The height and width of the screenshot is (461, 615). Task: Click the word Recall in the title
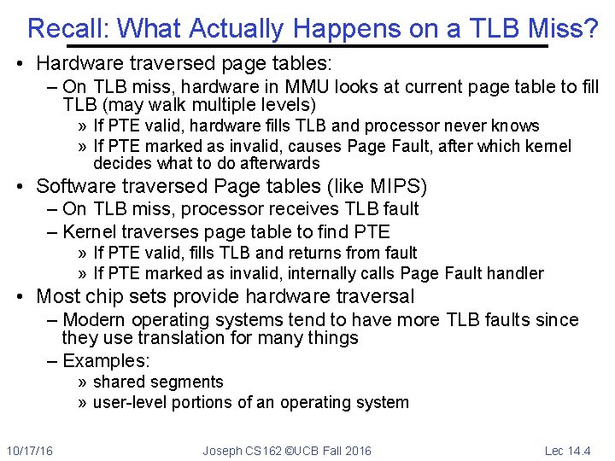point(68,29)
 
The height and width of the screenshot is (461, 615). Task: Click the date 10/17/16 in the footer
point(29,450)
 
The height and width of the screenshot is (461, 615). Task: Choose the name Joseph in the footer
point(221,450)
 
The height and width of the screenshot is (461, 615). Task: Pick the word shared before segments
point(119,382)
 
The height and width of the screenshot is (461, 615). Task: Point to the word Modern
point(94,320)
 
